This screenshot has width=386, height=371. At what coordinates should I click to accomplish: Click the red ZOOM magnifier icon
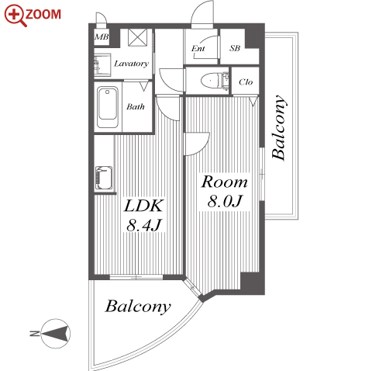pos(15,15)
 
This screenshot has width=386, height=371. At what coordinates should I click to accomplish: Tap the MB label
pos(102,37)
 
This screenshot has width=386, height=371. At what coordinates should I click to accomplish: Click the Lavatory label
pos(131,64)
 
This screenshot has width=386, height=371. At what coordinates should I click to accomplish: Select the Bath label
pos(136,106)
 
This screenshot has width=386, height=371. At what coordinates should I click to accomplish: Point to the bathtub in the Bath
pos(108,107)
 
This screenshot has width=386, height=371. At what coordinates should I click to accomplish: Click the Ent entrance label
pos(198,48)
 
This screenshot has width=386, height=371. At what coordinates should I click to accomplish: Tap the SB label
pos(235,48)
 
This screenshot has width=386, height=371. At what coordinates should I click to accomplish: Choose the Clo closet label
pos(246,82)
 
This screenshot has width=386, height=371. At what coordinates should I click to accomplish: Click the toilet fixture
pos(215,80)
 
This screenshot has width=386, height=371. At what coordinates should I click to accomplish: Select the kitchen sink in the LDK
pos(104,178)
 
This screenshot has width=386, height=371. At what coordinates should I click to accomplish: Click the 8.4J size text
pos(144,225)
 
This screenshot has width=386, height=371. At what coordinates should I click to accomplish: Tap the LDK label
pos(144,206)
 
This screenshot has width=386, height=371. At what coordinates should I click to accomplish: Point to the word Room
pos(225,182)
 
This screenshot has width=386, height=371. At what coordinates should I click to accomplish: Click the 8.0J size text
pos(225,201)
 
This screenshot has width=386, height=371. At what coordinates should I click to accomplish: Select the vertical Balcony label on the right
pos(279,127)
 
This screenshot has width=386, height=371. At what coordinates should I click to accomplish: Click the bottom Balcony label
pos(138,307)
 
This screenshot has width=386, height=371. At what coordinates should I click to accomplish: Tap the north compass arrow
pos(56,333)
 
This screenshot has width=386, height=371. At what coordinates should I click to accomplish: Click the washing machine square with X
pos(138,37)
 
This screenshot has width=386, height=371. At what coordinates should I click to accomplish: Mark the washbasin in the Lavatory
pos(102,65)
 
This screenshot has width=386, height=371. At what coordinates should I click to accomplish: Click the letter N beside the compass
pos(34,334)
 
